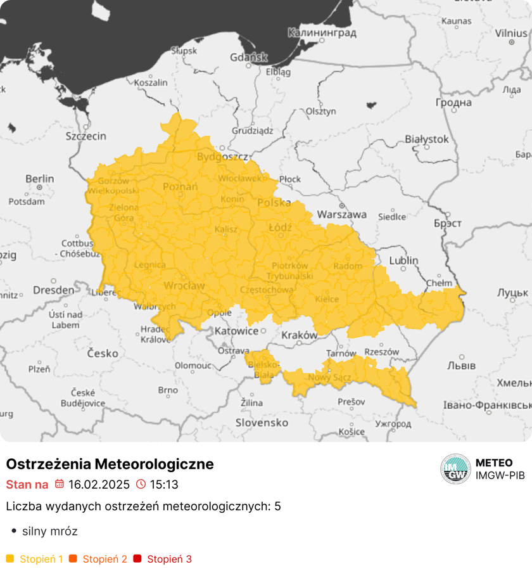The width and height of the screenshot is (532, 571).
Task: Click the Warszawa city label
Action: point(341,214)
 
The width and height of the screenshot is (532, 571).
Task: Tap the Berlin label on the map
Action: point(39,179)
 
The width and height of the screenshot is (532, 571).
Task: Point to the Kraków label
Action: point(299,335)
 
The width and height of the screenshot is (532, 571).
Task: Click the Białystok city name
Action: point(426,139)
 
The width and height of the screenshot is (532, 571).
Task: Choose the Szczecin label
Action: point(85,136)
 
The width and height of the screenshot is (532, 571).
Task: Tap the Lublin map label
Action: point(403,260)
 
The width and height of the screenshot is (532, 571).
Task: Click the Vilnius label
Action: point(510,32)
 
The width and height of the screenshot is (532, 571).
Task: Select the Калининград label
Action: point(321,32)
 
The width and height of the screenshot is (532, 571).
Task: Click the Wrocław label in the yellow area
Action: point(184,286)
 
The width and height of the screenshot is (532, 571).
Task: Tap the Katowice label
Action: point(236,331)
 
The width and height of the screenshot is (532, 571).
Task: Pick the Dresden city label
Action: point(53,290)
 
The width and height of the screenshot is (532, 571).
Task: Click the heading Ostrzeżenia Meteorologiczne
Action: point(110,464)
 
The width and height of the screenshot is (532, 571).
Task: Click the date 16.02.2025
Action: point(99,485)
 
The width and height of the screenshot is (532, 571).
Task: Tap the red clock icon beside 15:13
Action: point(141,485)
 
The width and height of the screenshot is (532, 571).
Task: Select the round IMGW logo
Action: point(455,470)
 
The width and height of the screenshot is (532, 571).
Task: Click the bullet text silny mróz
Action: point(49,531)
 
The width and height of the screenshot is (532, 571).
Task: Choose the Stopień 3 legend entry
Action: point(169,559)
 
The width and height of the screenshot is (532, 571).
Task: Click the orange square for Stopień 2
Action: point(73,559)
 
